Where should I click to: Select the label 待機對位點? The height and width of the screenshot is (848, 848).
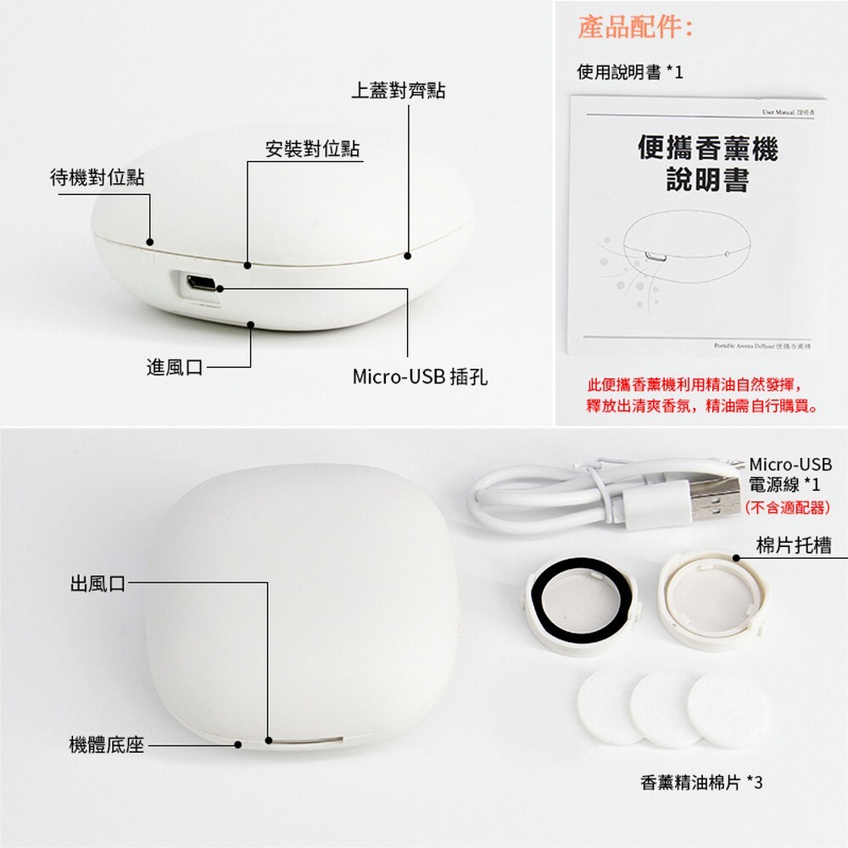[97, 177]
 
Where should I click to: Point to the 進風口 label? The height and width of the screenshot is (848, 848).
[175, 367]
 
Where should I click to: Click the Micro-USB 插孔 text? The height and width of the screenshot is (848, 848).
[420, 376]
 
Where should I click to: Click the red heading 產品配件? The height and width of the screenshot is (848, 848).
[636, 27]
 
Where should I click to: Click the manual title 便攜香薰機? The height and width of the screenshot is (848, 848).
[707, 149]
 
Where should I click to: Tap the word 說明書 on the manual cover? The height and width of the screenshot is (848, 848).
[707, 181]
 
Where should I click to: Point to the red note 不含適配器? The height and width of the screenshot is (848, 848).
[787, 508]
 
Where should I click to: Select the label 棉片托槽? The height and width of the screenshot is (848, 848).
[793, 545]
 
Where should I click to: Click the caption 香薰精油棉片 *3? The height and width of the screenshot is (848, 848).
[701, 782]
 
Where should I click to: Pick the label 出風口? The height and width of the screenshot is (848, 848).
[98, 583]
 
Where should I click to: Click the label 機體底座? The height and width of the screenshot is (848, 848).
[106, 745]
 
